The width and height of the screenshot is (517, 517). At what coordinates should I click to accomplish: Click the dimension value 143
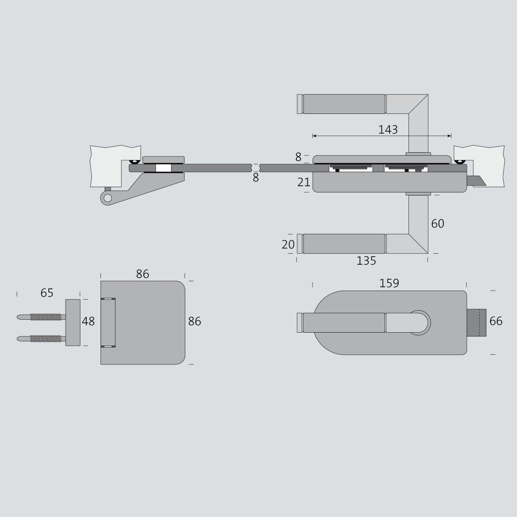pos(388,130)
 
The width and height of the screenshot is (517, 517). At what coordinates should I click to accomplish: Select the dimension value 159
pos(389,283)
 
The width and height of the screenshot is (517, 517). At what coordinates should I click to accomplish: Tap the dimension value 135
pos(366,261)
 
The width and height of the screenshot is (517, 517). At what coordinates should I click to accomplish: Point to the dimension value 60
pos(438,224)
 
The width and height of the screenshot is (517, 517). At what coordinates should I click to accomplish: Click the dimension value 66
pos(496,321)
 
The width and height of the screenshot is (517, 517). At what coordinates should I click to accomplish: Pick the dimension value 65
pos(47,293)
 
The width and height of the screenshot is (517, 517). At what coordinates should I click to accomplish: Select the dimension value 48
pos(88,321)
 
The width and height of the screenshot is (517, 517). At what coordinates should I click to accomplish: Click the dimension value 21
pos(303,182)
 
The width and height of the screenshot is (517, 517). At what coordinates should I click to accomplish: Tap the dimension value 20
pos(288,244)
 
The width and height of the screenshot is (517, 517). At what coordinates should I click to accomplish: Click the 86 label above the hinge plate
pos(143,274)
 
